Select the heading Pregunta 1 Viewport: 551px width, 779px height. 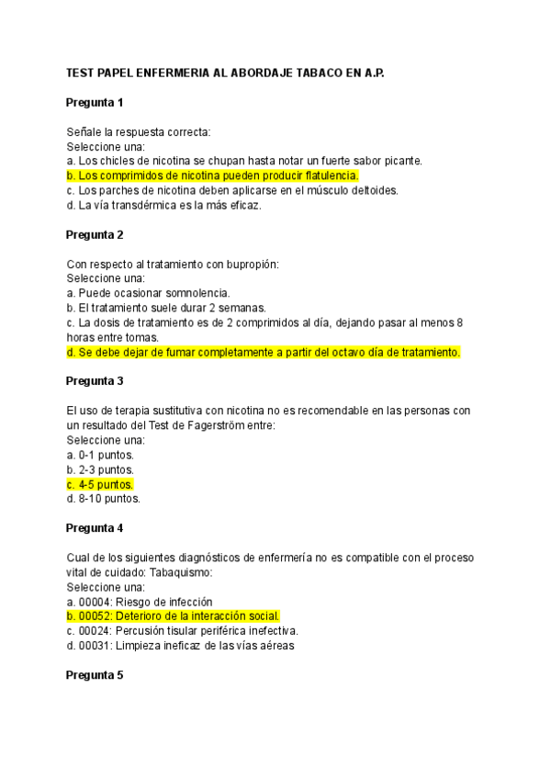(95, 102)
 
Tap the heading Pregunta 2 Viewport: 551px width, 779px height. (95, 234)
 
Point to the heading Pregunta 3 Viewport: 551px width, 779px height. (95, 381)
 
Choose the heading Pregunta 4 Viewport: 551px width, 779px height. (95, 528)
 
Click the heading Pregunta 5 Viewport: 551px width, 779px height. (95, 675)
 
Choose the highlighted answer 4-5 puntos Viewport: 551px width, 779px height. (106, 484)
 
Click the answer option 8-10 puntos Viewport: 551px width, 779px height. (109, 499)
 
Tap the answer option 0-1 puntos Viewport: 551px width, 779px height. (106, 455)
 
